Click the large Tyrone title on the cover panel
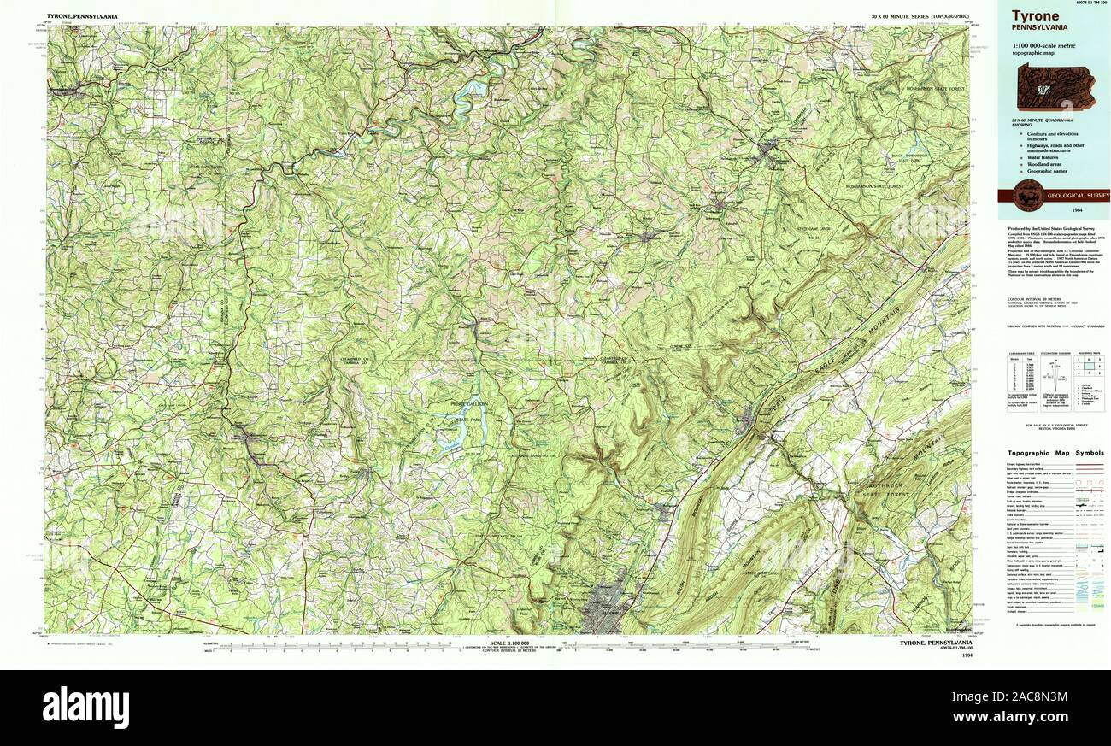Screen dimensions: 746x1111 (x=1035, y=15)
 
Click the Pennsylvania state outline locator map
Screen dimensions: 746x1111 (x=1056, y=87)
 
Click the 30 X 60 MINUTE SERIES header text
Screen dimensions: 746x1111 (x=920, y=16)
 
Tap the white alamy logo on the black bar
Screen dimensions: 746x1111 (x=85, y=708)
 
